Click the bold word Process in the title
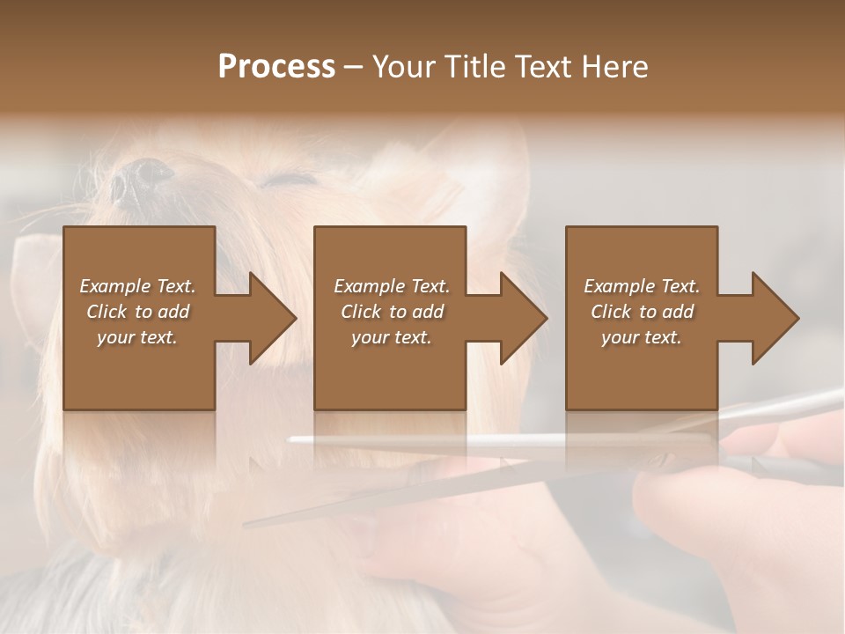pyautogui.click(x=276, y=67)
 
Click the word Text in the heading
pyautogui.click(x=543, y=67)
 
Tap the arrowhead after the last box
pyautogui.click(x=774, y=318)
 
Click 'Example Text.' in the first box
pyautogui.click(x=137, y=286)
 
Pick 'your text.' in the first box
pyautogui.click(x=137, y=337)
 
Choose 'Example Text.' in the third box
pyautogui.click(x=642, y=286)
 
